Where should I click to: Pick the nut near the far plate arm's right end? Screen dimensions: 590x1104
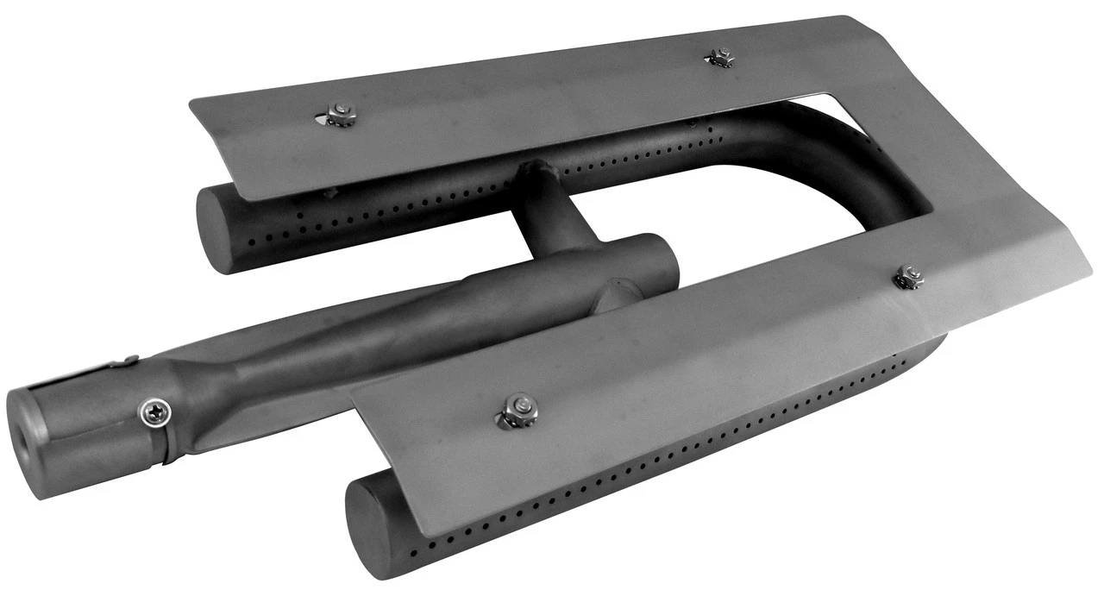point(718,57)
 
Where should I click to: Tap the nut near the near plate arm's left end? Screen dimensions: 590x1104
point(516,410)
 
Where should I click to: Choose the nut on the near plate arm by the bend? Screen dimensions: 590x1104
point(907,277)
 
